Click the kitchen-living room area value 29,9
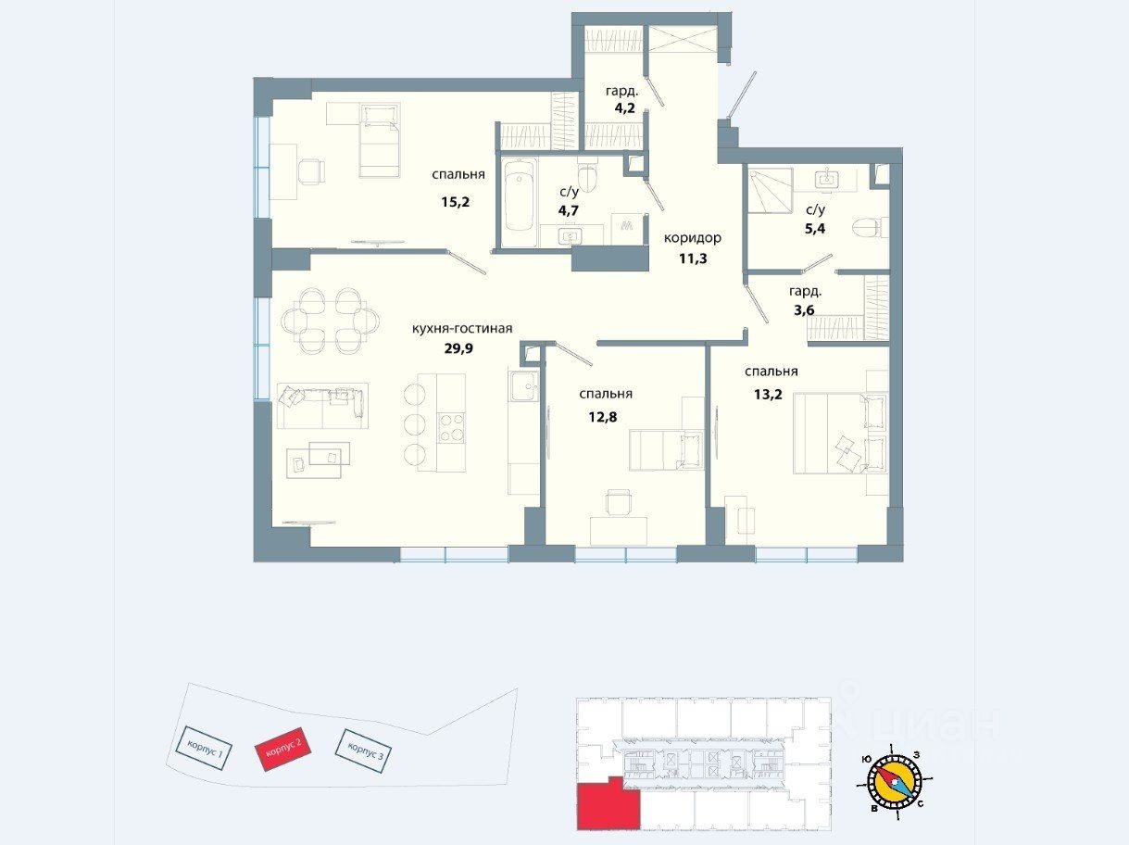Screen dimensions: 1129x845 pyautogui.click(x=458, y=348)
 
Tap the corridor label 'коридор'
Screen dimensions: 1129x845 pyautogui.click(x=693, y=239)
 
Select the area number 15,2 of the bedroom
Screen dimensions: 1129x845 pyautogui.click(x=455, y=202)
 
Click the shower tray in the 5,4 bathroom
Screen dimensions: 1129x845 pyautogui.click(x=770, y=190)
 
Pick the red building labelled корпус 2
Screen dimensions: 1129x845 pyautogui.click(x=283, y=749)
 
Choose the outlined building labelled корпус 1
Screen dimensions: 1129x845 pyautogui.click(x=204, y=748)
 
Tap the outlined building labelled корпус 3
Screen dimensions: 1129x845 pyautogui.click(x=363, y=750)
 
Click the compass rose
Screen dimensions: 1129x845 pyautogui.click(x=895, y=783)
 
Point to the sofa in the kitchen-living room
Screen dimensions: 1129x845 pyautogui.click(x=322, y=405)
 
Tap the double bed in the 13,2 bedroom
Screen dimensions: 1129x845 pyautogui.click(x=840, y=433)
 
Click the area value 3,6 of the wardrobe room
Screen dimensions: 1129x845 pyautogui.click(x=804, y=310)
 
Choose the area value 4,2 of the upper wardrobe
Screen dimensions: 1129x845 pyautogui.click(x=624, y=108)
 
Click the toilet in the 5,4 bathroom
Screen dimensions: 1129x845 pyautogui.click(x=870, y=227)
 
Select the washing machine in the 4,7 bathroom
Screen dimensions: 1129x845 pyautogui.click(x=626, y=229)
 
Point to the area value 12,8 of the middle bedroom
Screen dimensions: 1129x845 pyautogui.click(x=603, y=417)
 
